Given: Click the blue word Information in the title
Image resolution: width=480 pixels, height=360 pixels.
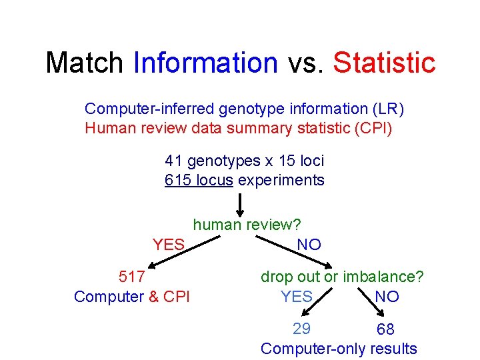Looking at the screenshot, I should (205, 63).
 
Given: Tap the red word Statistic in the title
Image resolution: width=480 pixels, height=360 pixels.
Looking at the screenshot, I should (384, 63).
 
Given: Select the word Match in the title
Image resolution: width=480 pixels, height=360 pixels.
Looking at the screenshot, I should (84, 63).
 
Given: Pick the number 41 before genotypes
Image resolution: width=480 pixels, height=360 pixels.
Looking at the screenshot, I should (174, 161).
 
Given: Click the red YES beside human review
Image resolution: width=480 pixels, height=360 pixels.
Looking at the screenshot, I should (169, 245).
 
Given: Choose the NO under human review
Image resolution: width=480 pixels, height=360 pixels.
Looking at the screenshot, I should (309, 245).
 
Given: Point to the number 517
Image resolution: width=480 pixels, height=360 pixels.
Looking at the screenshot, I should (131, 276).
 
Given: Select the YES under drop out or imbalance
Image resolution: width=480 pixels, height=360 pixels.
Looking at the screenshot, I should (297, 296).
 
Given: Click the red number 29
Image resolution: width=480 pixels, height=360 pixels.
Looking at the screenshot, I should (301, 328).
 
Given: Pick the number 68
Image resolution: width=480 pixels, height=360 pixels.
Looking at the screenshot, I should (385, 329).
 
